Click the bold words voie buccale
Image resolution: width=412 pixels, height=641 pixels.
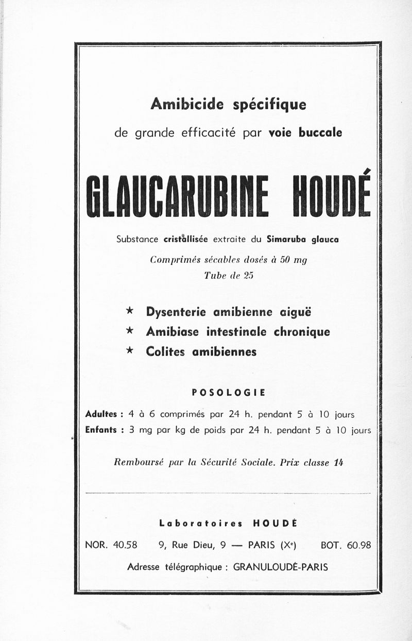(x=305, y=132)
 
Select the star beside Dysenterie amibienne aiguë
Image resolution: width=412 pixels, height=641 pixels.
(x=130, y=311)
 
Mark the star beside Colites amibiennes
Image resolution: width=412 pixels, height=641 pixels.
(x=130, y=350)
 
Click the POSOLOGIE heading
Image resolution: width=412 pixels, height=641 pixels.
(x=228, y=392)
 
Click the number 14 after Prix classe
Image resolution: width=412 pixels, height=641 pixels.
(x=338, y=462)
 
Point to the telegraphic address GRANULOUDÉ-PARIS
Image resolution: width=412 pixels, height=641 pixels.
(x=281, y=567)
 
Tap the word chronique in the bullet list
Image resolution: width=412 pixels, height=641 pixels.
(x=302, y=331)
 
